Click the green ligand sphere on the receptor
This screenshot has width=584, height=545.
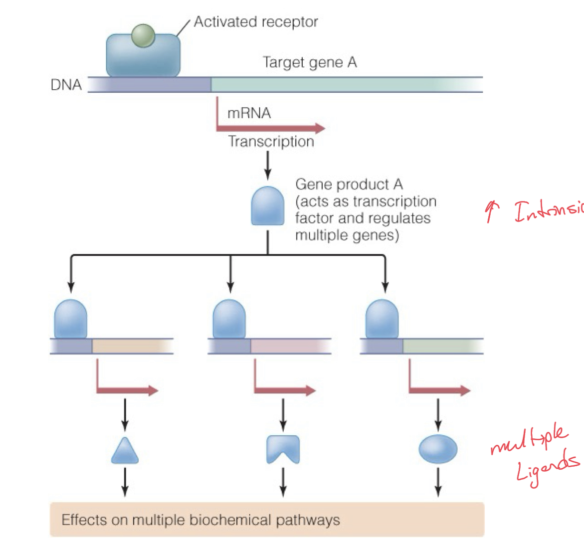[x=143, y=36]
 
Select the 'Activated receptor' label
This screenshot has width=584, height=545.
[x=255, y=22]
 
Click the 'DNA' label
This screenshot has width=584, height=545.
[x=66, y=85]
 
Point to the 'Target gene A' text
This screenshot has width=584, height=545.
[x=309, y=63]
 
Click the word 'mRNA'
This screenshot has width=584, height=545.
[x=249, y=113]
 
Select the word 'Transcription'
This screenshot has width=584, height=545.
[x=271, y=142]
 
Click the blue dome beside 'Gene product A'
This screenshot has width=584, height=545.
[x=267, y=206]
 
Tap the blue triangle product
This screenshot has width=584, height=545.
[x=125, y=452]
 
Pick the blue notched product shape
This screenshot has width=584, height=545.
[x=283, y=449]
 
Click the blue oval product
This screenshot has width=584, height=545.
[x=438, y=449]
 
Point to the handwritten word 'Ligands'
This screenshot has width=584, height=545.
[x=547, y=467]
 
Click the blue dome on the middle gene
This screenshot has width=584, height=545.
[x=229, y=320]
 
